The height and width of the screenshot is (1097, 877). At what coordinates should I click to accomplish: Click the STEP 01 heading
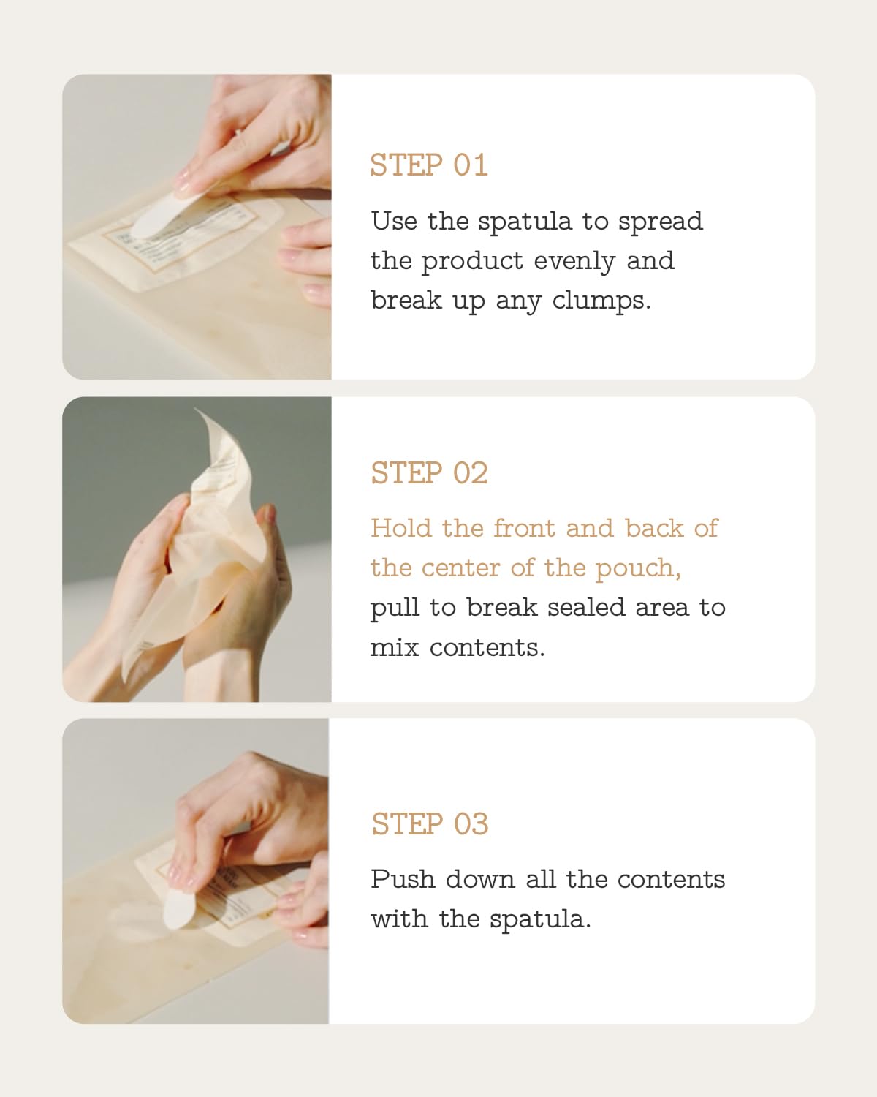pos(428,165)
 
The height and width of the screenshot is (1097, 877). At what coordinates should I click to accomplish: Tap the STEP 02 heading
pos(429,473)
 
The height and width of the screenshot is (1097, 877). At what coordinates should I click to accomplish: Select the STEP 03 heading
pos(429,824)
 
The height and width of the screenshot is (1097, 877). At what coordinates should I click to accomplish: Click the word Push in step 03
pos(402,879)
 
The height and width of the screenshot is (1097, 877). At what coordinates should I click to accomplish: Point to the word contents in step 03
pos(671,879)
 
